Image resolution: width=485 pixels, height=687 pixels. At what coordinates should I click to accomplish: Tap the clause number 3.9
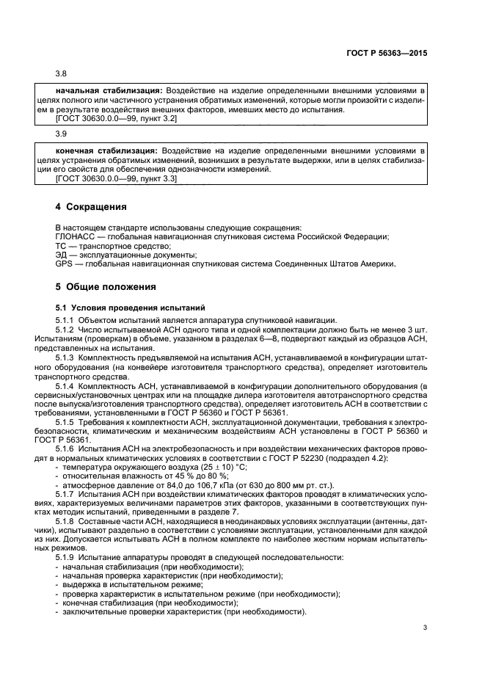pos(62,134)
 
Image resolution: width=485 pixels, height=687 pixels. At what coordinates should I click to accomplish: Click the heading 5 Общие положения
pos(106,286)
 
